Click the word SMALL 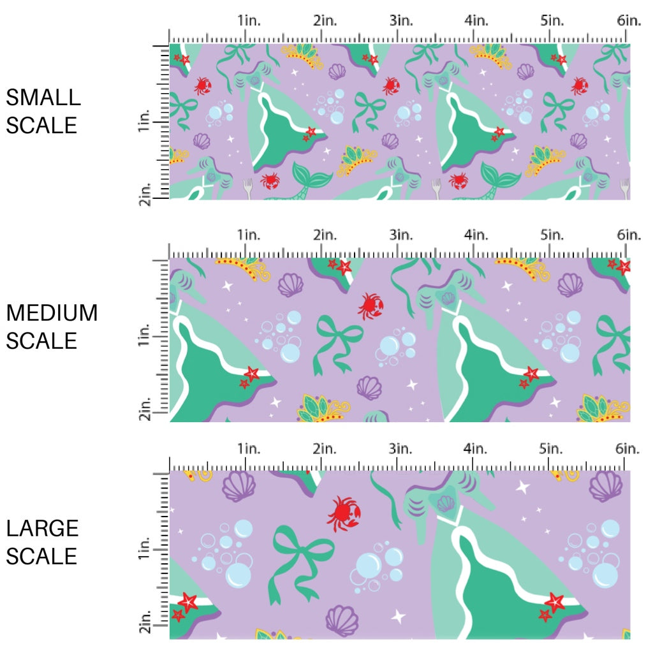coord(43,98)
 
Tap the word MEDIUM coord(52,313)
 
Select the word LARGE coord(43,528)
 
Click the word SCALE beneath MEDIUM coord(41,341)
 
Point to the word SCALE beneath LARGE coord(41,555)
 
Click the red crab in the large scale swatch coord(344,512)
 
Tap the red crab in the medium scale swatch coord(370,305)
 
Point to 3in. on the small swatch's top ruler coord(400,20)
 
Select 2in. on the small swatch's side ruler coord(144,193)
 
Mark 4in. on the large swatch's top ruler coord(476,449)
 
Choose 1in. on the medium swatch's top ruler coord(249,235)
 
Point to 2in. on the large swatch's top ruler coord(325,449)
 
